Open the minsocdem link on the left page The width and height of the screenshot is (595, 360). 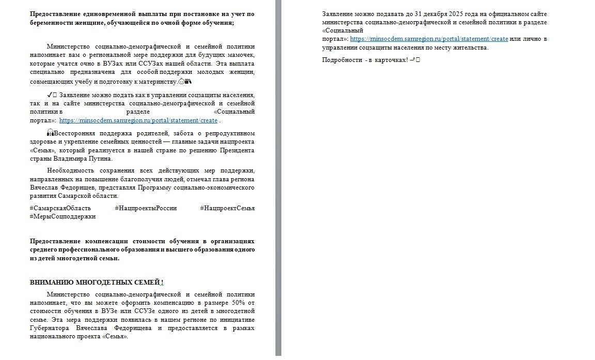pyautogui.click(x=138, y=120)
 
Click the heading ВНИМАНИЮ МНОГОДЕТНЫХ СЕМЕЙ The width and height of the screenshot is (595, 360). pyautogui.click(x=96, y=283)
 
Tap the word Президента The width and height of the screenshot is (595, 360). pyautogui.click(x=236, y=150)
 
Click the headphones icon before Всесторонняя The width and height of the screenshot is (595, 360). pyautogui.click(x=50, y=133)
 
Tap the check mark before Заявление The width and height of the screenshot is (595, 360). pyautogui.click(x=49, y=95)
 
